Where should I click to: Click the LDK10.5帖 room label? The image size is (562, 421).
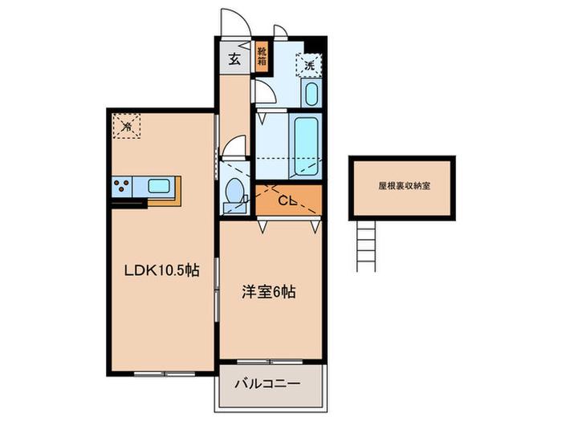(161, 270)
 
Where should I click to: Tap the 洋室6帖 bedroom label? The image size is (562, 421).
(269, 292)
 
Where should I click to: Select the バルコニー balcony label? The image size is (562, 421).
(267, 384)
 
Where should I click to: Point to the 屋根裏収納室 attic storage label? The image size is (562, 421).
(405, 186)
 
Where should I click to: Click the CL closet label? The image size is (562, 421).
(287, 201)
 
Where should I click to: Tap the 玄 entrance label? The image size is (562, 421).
(234, 59)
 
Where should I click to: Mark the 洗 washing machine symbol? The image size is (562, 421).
(309, 65)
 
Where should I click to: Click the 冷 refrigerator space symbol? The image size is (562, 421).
(126, 126)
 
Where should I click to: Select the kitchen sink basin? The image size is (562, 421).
(159, 186)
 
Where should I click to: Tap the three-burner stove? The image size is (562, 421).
(122, 186)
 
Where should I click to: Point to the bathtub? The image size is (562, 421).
(306, 145)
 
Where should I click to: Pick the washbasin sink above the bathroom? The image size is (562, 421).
(312, 93)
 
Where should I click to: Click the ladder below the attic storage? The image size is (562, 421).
(366, 246)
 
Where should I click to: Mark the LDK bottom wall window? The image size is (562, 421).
(165, 374)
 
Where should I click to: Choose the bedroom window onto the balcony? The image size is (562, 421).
(270, 362)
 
